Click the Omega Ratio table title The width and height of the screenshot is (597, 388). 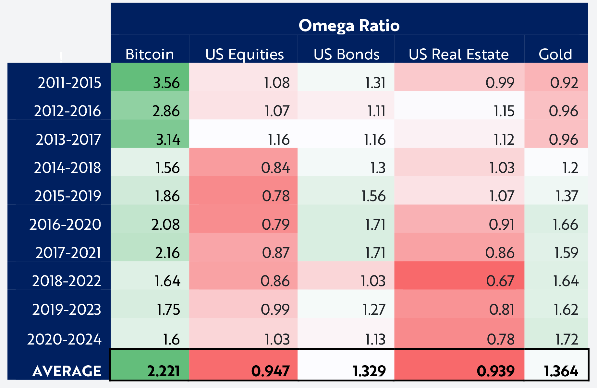point(349,26)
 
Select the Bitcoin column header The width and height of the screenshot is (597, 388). point(150,54)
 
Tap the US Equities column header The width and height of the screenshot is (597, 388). point(245,55)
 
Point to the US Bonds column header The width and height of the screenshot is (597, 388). point(347,54)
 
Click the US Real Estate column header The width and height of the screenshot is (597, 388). point(459,54)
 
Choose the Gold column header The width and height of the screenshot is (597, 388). point(555,54)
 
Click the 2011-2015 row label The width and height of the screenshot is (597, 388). point(69,83)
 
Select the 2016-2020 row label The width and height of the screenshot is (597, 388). point(65,224)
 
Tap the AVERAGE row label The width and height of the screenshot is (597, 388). point(67,371)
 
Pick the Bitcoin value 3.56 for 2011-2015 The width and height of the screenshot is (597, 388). point(166,83)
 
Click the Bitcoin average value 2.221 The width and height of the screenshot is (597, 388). point(164,371)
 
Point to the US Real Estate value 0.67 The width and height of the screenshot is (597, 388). point(500,281)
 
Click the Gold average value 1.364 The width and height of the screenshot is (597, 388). point(561,371)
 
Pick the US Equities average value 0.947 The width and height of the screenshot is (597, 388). point(271,371)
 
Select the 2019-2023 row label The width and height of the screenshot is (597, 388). point(67,309)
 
